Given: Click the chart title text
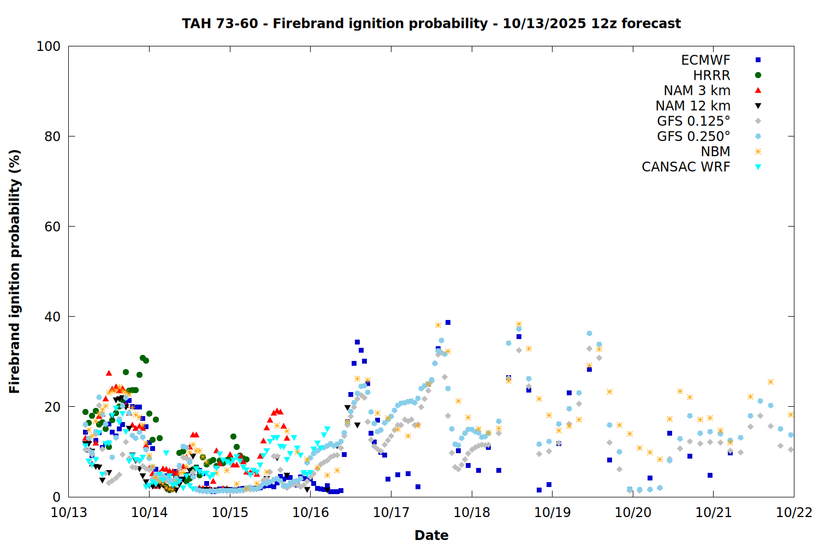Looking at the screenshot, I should click(431, 23).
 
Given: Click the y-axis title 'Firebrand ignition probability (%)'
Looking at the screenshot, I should click(15, 271).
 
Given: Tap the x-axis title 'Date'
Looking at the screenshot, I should click(431, 535).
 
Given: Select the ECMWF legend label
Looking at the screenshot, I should click(705, 60).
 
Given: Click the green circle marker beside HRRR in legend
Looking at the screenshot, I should click(758, 75).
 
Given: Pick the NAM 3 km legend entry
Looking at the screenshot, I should click(697, 91).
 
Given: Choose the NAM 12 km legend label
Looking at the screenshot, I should click(693, 106).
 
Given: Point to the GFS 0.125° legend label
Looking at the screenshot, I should click(693, 121).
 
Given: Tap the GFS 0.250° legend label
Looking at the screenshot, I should click(693, 136).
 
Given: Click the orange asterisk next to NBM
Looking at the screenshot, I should click(758, 152).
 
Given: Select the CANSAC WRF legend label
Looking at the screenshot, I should click(686, 167).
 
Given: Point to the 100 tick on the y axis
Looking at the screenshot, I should click(49, 46).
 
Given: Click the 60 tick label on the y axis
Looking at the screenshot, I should click(52, 227).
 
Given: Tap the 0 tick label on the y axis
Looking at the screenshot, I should click(56, 497).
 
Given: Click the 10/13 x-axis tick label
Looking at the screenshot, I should click(69, 512).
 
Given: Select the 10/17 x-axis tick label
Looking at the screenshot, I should click(391, 512).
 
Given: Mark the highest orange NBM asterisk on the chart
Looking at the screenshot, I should click(519, 324).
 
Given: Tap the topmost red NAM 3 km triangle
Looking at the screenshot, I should click(109, 373).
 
